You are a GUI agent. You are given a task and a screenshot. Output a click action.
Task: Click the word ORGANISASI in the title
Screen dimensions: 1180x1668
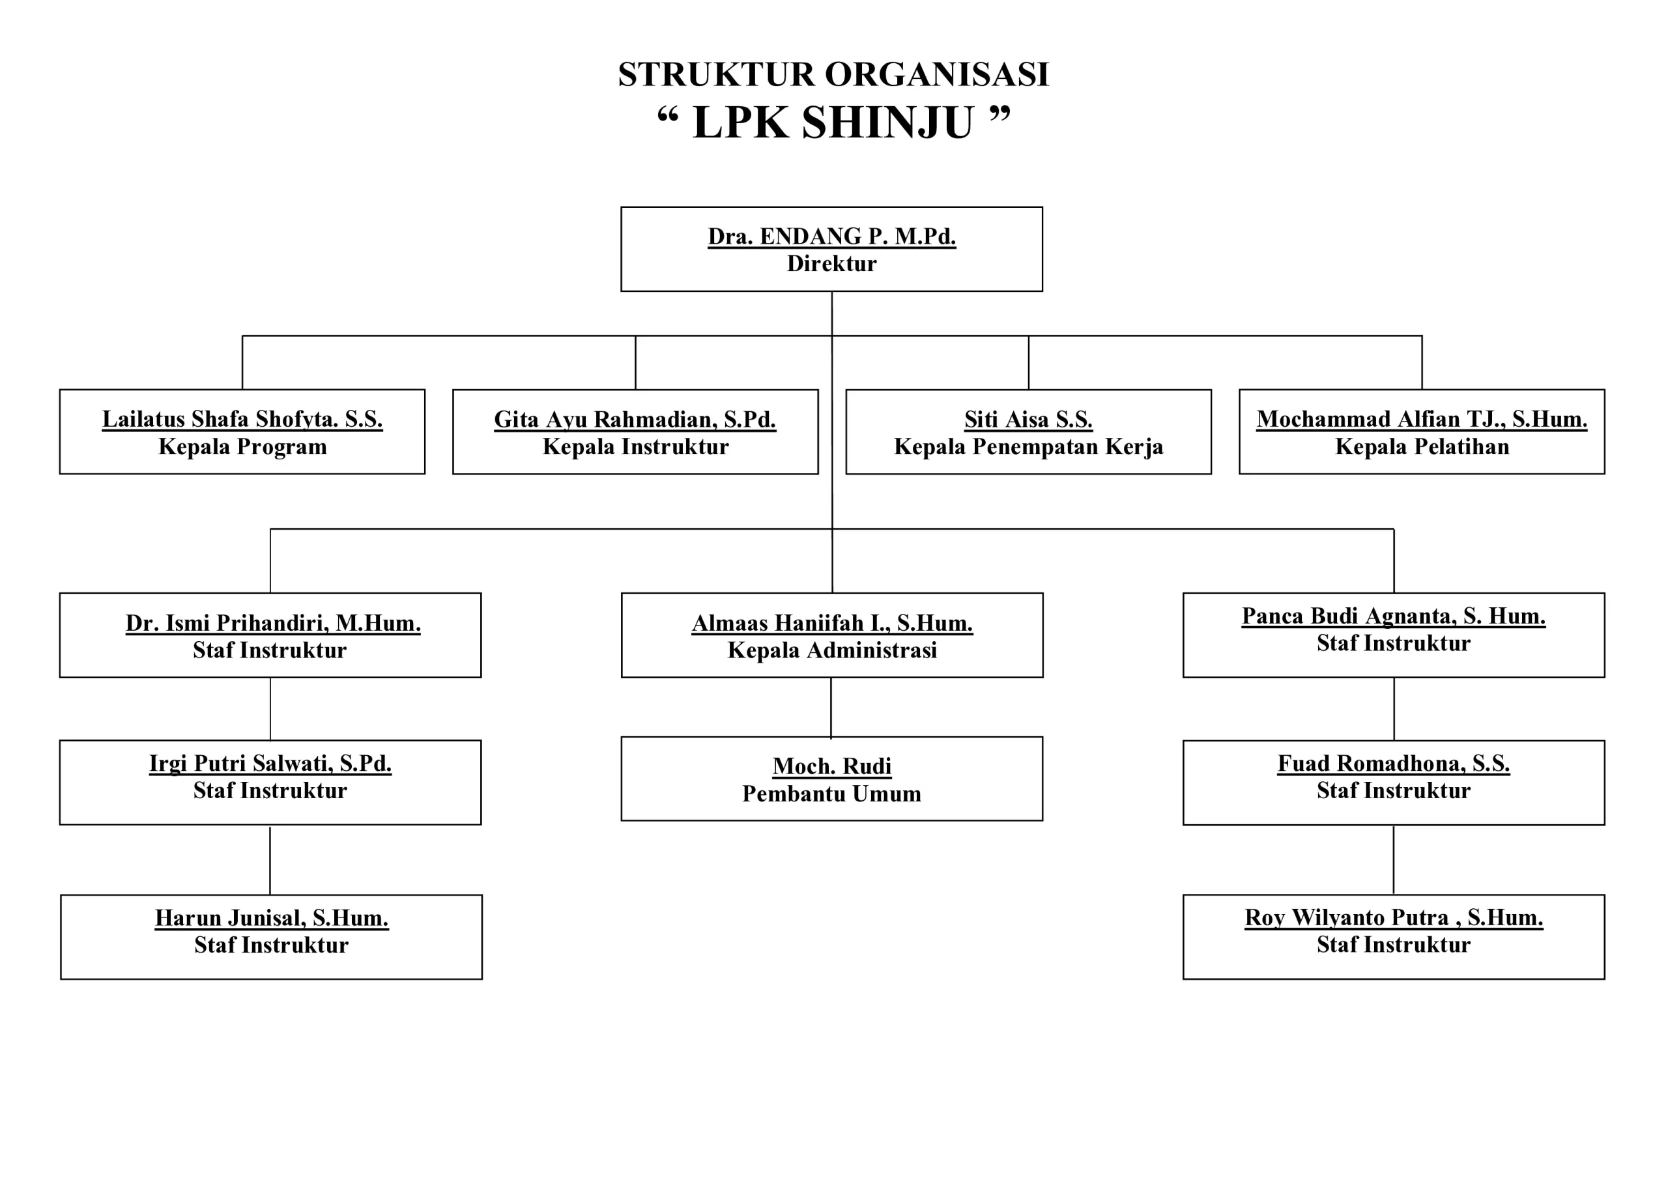tap(936, 75)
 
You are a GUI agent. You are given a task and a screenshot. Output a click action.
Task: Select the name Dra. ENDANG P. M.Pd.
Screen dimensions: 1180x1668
tap(832, 236)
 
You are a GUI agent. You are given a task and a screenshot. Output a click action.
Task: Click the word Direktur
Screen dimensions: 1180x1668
tap(832, 263)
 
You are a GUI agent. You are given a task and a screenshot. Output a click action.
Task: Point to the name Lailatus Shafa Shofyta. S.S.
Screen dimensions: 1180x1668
tap(242, 419)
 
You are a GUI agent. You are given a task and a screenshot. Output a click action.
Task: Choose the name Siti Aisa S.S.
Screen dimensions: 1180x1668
tap(1028, 419)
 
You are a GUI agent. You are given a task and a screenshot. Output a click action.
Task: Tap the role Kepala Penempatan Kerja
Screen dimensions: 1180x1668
tap(1028, 446)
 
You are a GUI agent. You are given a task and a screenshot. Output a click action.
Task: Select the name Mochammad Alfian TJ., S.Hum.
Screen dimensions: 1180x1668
tap(1421, 419)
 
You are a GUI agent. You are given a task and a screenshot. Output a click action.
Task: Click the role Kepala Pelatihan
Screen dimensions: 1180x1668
tap(1421, 446)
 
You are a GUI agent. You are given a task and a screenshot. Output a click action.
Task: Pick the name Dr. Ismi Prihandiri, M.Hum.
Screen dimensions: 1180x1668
tap(272, 623)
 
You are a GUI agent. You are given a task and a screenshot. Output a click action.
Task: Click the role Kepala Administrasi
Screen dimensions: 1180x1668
tap(832, 650)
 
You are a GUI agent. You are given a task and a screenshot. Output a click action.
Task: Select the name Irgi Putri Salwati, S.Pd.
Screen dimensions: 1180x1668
tap(270, 763)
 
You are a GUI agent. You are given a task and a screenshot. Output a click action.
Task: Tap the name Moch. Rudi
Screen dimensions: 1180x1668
tap(832, 766)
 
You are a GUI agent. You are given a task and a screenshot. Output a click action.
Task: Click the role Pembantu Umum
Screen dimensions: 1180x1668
tap(832, 794)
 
